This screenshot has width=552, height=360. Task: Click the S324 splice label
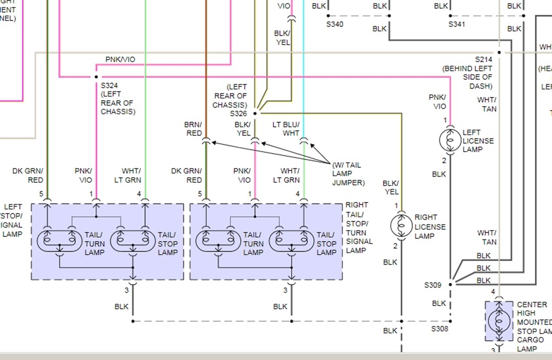(x=110, y=85)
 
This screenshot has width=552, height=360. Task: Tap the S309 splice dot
(x=450, y=285)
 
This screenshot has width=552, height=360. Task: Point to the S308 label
(x=440, y=329)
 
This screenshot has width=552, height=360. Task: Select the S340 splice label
(x=335, y=24)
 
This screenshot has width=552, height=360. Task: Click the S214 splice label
(x=484, y=59)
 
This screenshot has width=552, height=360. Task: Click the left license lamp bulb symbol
(x=450, y=140)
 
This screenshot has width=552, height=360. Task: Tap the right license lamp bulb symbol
(x=401, y=226)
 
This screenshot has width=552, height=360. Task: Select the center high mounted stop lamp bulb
(x=499, y=321)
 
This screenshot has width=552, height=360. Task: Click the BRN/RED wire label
(x=193, y=129)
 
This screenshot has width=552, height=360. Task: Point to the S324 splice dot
(x=96, y=77)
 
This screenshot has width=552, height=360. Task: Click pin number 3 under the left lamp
(x=126, y=290)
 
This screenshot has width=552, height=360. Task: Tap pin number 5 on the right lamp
(x=200, y=194)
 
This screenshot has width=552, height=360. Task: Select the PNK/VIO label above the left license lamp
(x=438, y=102)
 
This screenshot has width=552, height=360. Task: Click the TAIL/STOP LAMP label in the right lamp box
(x=326, y=243)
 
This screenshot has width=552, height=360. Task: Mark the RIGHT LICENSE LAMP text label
(x=430, y=227)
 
